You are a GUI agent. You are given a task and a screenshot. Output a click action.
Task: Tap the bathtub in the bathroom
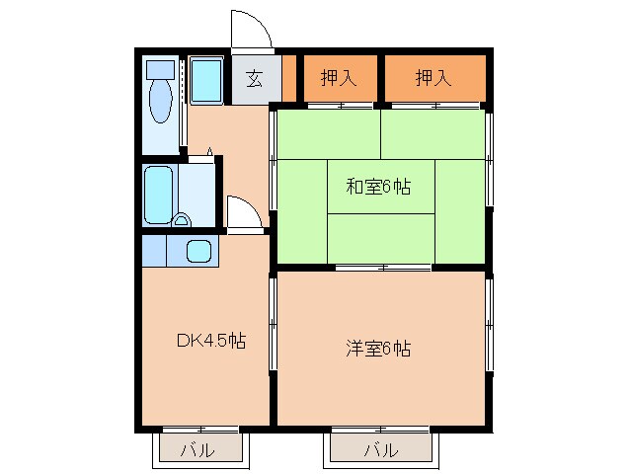tap(158, 195)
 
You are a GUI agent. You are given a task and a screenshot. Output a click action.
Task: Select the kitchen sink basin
tap(198, 251)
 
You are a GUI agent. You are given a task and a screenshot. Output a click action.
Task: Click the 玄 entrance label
tap(254, 80)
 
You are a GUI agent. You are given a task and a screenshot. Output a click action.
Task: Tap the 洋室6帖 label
tap(378, 349)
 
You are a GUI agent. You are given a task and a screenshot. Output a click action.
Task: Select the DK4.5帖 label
tap(210, 342)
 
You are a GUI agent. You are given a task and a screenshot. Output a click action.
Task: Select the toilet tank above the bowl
tap(160, 69)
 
